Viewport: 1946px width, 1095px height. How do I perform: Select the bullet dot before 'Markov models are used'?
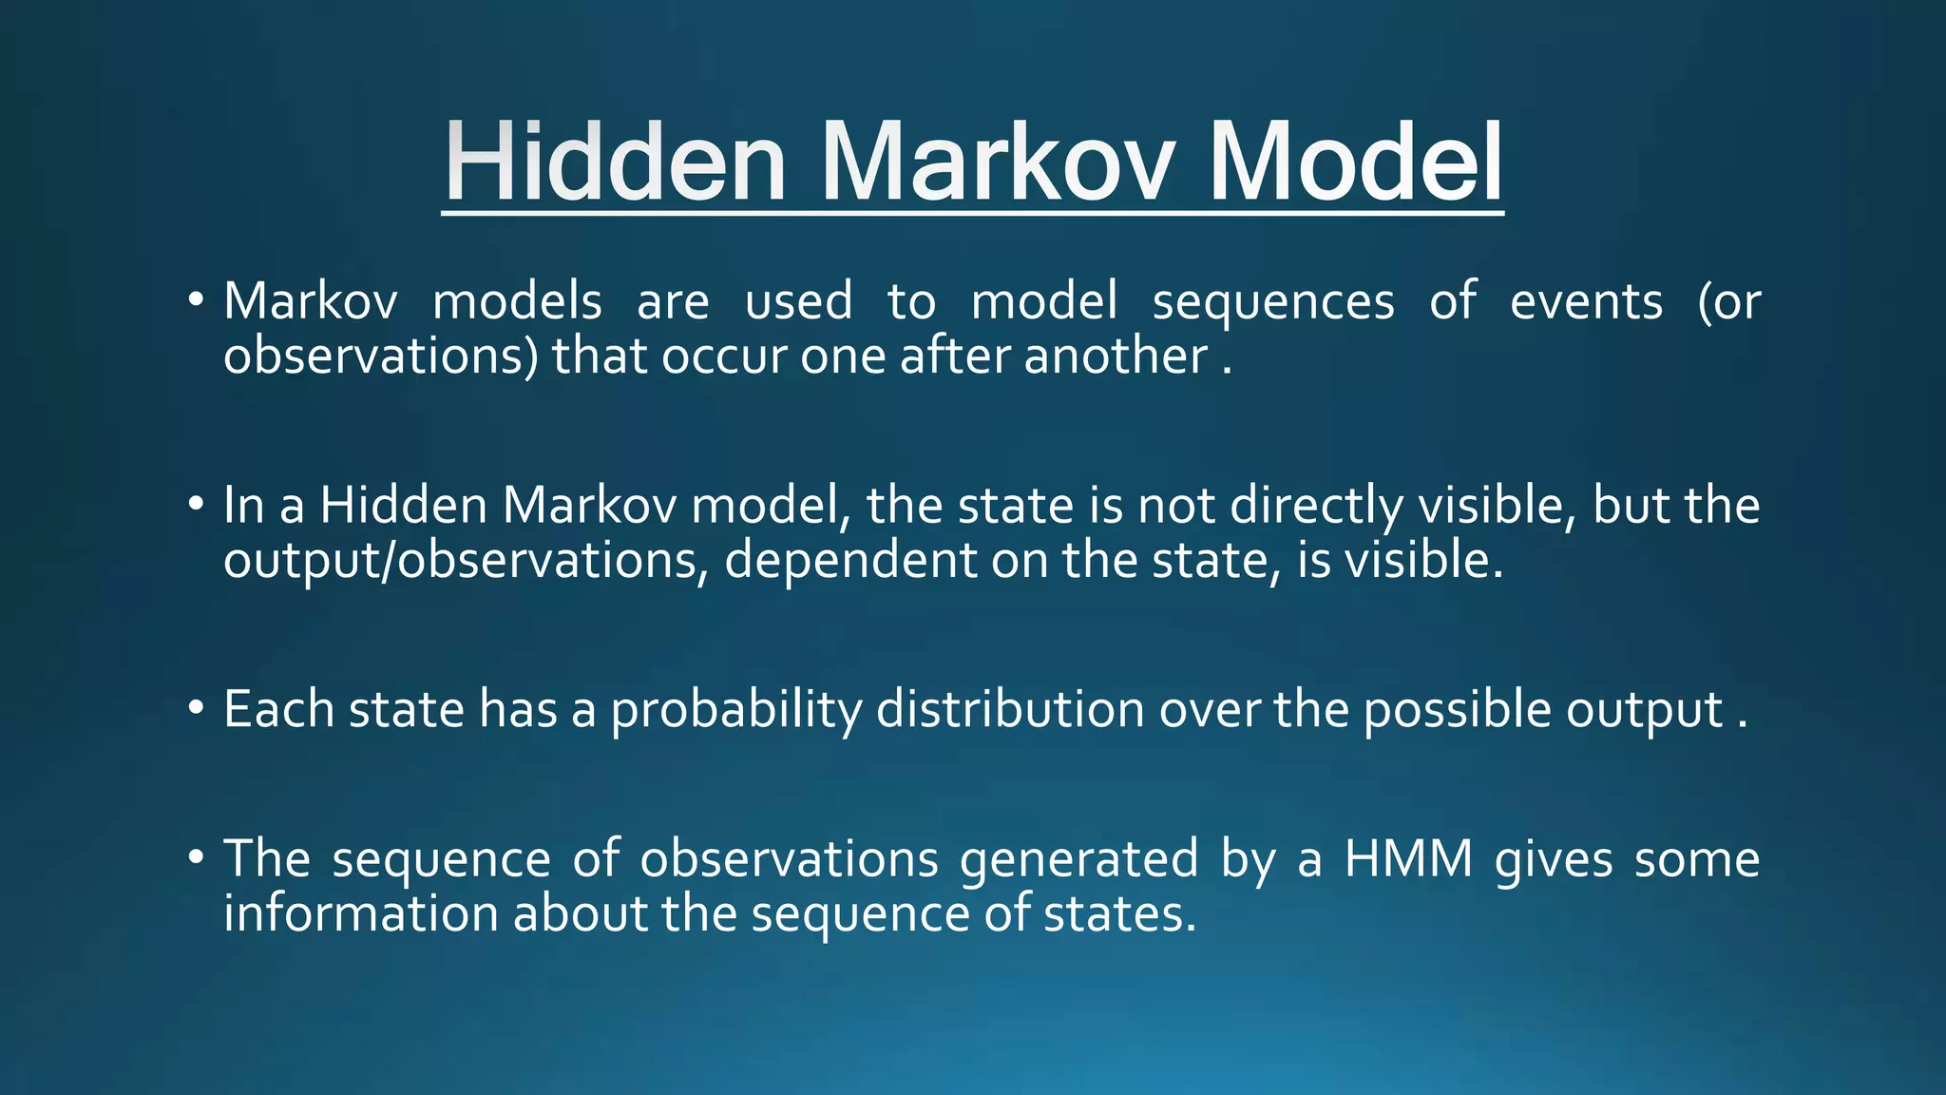[196, 300]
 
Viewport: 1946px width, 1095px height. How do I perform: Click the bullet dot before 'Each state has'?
[196, 708]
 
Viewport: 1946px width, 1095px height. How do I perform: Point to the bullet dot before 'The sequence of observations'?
[196, 857]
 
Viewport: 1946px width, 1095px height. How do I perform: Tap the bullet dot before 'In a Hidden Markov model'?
[196, 504]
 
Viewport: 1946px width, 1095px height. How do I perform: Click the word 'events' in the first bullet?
[1586, 302]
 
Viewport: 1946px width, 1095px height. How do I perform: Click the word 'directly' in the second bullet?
[1316, 506]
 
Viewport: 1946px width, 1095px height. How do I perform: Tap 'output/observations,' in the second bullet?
[466, 561]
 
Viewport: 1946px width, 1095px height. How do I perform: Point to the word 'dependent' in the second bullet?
[850, 561]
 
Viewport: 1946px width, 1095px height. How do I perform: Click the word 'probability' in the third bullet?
[735, 711]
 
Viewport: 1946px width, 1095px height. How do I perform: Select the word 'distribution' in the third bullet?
[1009, 709]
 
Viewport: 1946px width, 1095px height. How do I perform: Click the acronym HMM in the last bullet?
[1408, 859]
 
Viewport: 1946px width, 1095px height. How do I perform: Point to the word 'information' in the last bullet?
[360, 914]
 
